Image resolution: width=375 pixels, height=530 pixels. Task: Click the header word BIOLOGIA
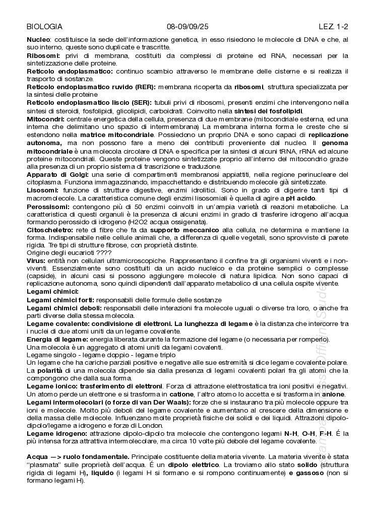coord(44,27)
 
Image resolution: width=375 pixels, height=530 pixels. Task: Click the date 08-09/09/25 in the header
coord(187,27)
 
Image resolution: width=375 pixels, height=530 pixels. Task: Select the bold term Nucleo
coord(38,39)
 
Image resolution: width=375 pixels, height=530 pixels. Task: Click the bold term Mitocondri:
coord(45,119)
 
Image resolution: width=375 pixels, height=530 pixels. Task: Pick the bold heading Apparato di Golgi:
coord(58,174)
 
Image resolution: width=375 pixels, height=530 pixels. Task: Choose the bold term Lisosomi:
coord(42,190)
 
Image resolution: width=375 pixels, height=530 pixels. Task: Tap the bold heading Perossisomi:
coord(48,206)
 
